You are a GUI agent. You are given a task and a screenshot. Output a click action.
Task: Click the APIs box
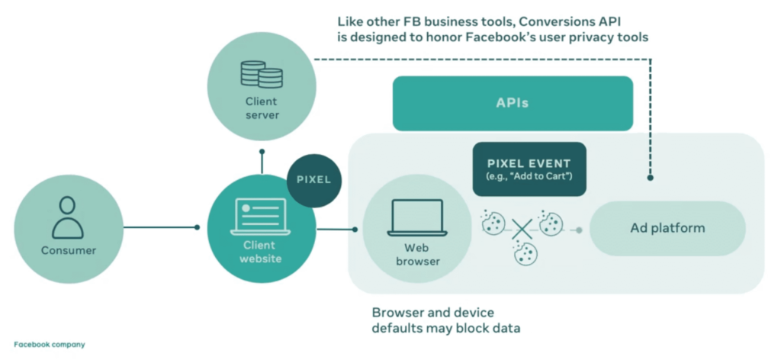click(513, 103)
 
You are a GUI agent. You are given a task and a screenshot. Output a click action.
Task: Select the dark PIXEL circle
click(314, 181)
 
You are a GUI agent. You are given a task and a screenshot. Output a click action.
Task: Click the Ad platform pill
click(667, 228)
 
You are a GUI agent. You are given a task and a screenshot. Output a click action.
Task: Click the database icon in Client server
click(262, 74)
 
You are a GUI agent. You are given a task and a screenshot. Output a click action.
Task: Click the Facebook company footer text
click(50, 345)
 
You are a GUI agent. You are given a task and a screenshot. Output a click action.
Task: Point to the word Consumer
click(69, 250)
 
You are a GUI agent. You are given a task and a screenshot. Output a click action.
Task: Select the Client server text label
click(262, 108)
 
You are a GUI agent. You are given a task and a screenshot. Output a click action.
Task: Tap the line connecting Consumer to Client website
click(160, 227)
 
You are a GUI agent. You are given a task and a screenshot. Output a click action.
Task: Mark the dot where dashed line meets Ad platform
click(650, 178)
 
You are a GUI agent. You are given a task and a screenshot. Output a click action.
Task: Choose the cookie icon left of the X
click(493, 222)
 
